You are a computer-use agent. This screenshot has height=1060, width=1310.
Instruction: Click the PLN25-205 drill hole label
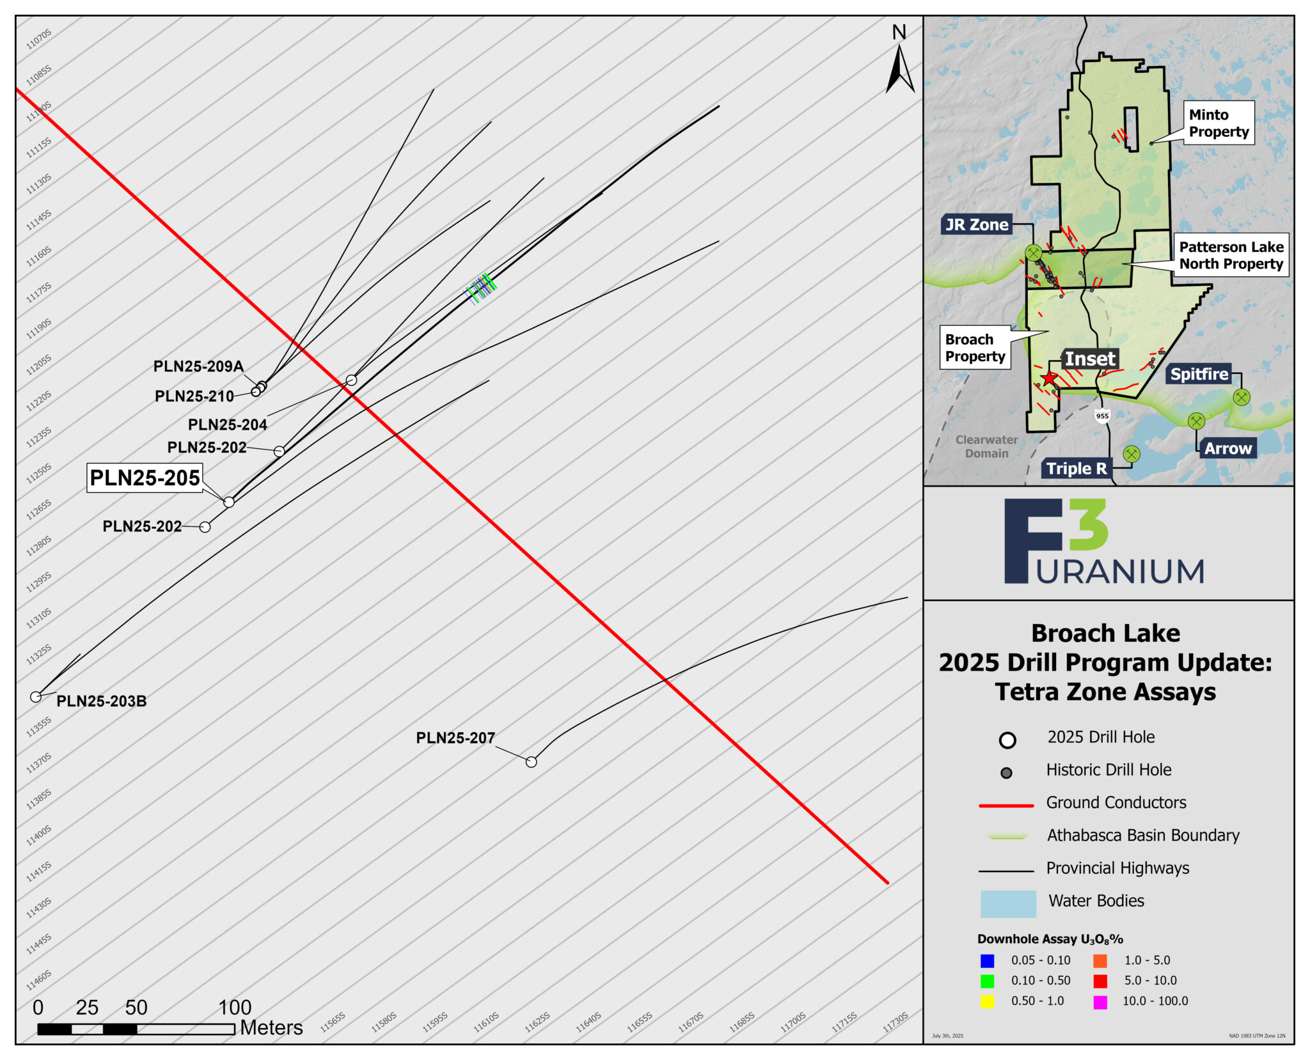[145, 478]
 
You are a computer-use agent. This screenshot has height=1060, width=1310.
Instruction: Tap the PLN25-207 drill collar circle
[531, 761]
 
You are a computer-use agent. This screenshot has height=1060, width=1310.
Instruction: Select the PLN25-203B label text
[101, 701]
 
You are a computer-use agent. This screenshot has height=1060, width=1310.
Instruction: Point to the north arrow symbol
[899, 67]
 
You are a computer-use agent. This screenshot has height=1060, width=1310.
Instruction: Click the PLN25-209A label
[198, 366]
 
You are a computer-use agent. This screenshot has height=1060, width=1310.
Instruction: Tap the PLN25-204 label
[227, 425]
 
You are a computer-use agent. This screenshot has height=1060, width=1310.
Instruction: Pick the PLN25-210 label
[194, 396]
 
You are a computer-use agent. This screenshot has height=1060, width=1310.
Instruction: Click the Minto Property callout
[1218, 123]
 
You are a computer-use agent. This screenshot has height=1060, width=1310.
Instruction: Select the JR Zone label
[977, 224]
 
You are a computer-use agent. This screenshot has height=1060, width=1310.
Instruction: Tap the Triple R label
[1077, 469]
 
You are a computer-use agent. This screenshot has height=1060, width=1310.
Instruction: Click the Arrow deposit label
[1227, 448]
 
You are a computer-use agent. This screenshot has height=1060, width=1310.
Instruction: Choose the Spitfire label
[1199, 374]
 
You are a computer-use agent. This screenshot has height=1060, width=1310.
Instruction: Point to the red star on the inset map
[1049, 379]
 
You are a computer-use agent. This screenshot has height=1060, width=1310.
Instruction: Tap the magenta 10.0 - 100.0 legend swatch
[1100, 1001]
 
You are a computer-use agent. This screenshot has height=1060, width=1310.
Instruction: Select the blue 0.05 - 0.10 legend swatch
[987, 960]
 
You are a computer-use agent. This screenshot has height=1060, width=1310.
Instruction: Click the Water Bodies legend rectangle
[1008, 903]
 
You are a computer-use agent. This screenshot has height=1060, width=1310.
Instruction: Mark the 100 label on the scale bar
[235, 1008]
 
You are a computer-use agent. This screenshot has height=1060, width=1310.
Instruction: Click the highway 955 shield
[1102, 416]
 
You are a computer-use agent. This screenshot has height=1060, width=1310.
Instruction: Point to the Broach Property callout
[975, 348]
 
